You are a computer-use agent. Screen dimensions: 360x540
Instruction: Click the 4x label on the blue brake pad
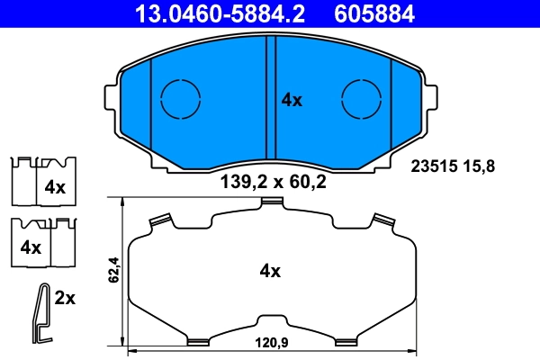(292, 101)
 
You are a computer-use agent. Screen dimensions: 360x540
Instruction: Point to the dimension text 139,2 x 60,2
(273, 183)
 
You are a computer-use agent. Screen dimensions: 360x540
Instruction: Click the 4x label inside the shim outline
(270, 270)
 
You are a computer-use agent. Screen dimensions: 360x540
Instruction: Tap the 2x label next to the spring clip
(65, 298)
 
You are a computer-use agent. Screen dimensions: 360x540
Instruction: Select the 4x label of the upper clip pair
(56, 187)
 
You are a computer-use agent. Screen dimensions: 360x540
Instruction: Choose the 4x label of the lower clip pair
(31, 246)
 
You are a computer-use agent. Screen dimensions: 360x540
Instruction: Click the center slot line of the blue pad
(271, 99)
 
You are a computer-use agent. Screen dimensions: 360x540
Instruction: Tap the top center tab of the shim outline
(270, 203)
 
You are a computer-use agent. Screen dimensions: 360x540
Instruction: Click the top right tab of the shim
(382, 220)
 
